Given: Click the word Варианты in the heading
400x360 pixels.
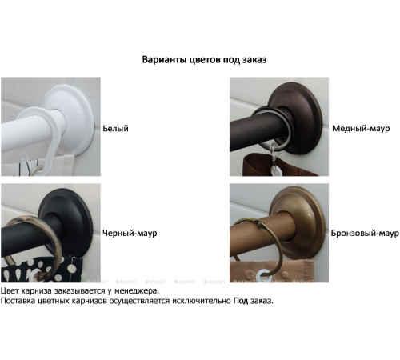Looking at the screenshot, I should coord(163,60).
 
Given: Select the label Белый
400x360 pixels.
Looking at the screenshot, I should coord(116,129).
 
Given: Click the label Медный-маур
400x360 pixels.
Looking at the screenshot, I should coord(361,129).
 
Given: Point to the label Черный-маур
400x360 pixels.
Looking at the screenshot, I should coord(130,234).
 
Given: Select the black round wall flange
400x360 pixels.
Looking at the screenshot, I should coord(69,222).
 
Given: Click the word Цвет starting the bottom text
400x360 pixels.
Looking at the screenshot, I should coord(10,291).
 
